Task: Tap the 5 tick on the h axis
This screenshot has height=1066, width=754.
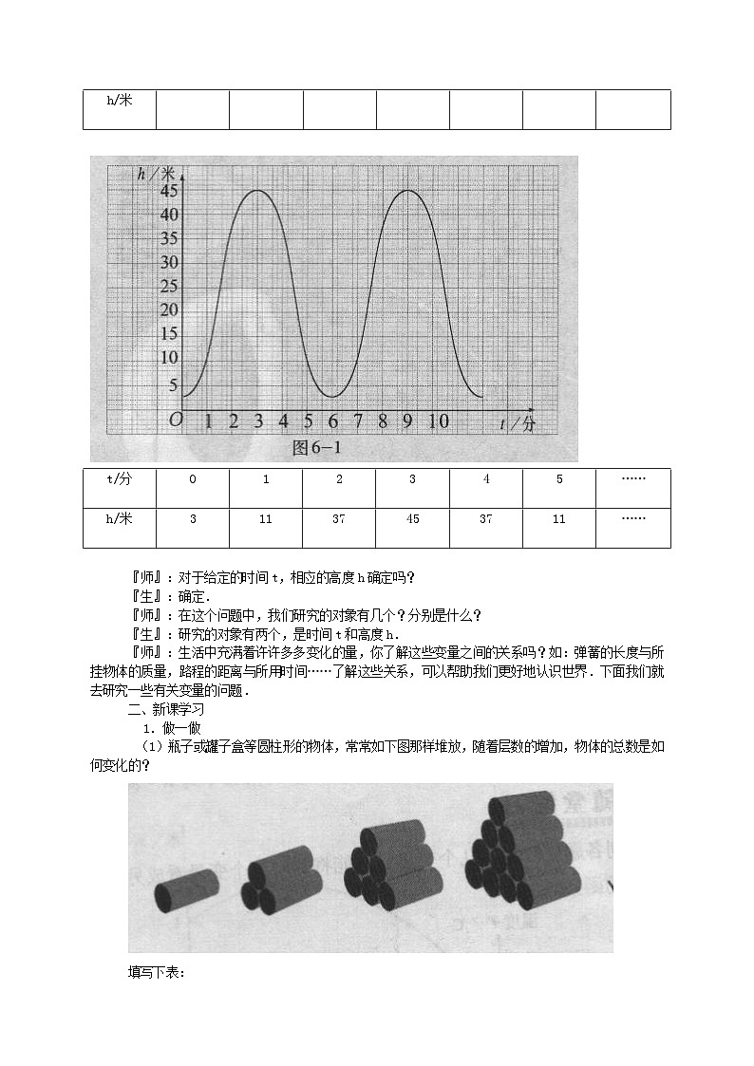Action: coord(172,384)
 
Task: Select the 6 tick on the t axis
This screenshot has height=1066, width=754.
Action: coord(332,421)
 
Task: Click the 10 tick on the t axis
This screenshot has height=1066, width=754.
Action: coord(437,421)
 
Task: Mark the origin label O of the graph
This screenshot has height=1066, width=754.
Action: coord(175,421)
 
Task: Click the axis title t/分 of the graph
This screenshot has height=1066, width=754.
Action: coord(518,424)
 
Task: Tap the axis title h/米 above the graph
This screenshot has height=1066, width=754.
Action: coord(156,173)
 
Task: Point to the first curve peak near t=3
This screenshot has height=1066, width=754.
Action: coord(257,191)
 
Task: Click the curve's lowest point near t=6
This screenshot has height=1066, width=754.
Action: coord(331,396)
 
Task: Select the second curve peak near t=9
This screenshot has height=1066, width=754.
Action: coord(406,191)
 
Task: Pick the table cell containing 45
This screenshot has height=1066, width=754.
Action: coord(412,518)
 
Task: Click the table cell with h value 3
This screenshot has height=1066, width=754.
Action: coord(193,518)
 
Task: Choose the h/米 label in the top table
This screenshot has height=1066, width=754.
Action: coord(119,100)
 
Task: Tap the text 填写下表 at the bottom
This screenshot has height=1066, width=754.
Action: coord(157,972)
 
